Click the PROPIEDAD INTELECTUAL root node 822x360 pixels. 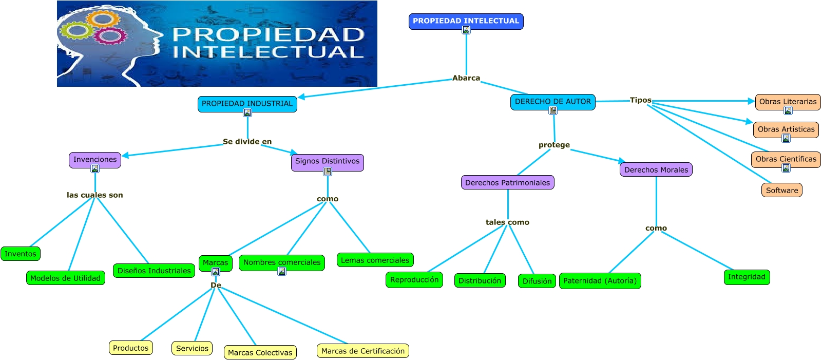(x=466, y=21)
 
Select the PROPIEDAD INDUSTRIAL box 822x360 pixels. (x=247, y=104)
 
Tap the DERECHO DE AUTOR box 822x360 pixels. (x=552, y=102)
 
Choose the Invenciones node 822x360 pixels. (x=95, y=160)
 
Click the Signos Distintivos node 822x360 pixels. (x=327, y=161)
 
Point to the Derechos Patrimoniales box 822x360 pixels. (x=507, y=182)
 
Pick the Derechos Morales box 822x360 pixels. (x=656, y=169)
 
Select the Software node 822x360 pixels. (x=781, y=190)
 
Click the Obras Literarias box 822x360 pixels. (x=788, y=102)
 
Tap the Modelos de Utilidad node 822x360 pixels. (x=65, y=278)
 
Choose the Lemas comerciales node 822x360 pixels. (x=375, y=260)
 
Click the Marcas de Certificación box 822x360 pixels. (x=362, y=351)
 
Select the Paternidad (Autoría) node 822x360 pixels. (x=600, y=280)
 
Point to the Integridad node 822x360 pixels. (x=746, y=277)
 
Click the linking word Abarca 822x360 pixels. (x=466, y=78)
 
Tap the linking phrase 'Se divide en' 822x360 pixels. (x=247, y=142)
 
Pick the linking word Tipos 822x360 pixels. (x=640, y=100)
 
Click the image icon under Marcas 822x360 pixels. (x=216, y=272)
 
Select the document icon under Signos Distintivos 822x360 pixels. (x=327, y=172)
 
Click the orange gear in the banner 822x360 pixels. (x=102, y=20)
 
